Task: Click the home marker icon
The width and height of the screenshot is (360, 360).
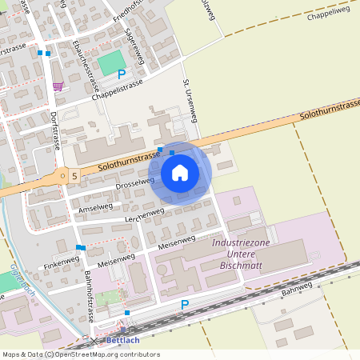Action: coord(180,173)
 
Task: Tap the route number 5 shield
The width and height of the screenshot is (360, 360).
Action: coord(74,174)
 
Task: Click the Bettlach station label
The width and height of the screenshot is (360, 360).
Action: coord(122,340)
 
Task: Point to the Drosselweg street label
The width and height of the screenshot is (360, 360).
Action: coord(135,183)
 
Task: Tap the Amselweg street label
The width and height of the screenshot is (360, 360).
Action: coord(96,207)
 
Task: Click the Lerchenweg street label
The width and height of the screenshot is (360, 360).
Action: coord(144,214)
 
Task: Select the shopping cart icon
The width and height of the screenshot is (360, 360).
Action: coord(58,86)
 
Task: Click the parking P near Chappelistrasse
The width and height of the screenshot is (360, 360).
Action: coord(122,74)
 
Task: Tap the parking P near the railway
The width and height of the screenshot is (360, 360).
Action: coord(185,305)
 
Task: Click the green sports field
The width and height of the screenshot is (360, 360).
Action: coord(112,63)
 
